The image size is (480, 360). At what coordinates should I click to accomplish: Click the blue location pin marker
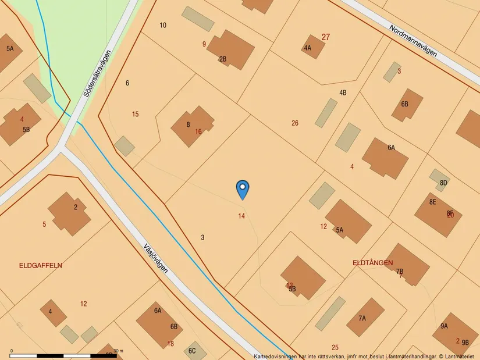pyautogui.click(x=243, y=189)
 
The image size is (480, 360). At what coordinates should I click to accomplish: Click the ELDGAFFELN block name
pyautogui.click(x=41, y=265)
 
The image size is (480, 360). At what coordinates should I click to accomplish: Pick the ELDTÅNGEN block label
pyautogui.click(x=373, y=263)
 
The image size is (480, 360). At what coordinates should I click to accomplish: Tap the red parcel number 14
pyautogui.click(x=241, y=216)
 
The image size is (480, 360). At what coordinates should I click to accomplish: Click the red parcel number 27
pyautogui.click(x=326, y=37)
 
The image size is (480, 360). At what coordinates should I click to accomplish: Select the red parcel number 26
pyautogui.click(x=295, y=123)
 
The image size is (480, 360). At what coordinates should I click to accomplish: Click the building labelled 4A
pyautogui.click(x=313, y=47)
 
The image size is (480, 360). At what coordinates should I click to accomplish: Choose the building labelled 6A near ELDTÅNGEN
pyautogui.click(x=385, y=158)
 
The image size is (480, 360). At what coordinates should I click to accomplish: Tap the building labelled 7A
pyautogui.click(x=365, y=318)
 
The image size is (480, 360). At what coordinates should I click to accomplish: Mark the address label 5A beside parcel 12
pyautogui.click(x=340, y=230)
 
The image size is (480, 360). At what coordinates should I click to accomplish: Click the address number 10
pyautogui.click(x=163, y=25)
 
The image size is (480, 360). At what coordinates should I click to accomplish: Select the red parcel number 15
pyautogui.click(x=136, y=114)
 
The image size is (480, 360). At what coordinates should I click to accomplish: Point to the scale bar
pyautogui.click(x=64, y=355)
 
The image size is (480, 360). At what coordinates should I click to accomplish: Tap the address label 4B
pyautogui.click(x=343, y=92)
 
